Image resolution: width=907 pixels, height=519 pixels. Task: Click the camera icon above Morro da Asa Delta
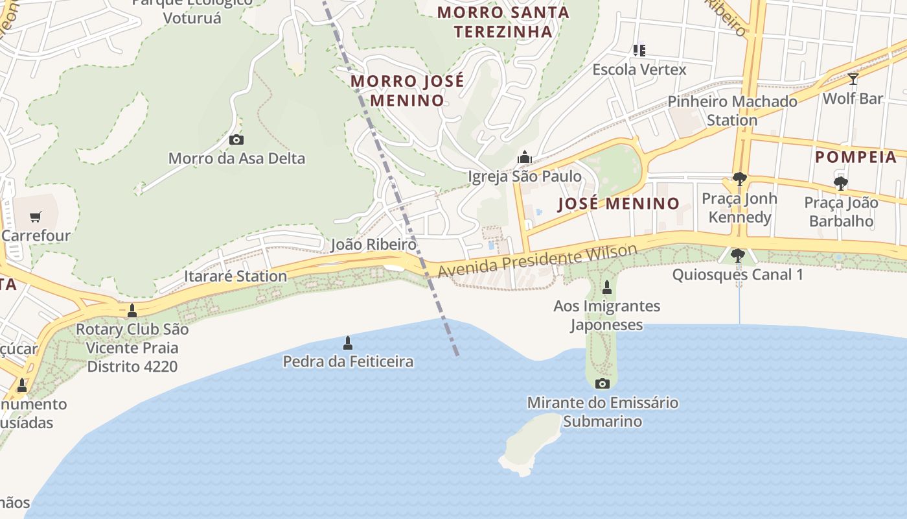(x=236, y=139)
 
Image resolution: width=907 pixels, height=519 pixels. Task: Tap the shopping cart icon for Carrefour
(x=36, y=217)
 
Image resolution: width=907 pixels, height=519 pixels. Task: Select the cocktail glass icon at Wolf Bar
(x=853, y=79)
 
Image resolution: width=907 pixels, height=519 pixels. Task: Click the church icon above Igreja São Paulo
(x=524, y=157)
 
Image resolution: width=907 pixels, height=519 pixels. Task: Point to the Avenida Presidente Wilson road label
(x=538, y=261)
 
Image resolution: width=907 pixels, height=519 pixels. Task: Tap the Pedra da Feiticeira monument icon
(x=348, y=343)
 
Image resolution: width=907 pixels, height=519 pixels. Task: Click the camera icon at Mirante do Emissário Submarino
(x=603, y=383)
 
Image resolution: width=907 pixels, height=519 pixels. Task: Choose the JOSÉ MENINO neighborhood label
(x=619, y=204)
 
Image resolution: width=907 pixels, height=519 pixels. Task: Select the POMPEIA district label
(x=856, y=157)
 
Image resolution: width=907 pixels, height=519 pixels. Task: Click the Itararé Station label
(x=235, y=276)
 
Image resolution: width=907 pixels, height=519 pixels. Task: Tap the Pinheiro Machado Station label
(x=732, y=111)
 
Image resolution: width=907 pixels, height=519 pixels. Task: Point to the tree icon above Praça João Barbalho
(x=841, y=184)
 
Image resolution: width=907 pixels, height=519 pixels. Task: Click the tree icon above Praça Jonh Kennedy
(x=739, y=179)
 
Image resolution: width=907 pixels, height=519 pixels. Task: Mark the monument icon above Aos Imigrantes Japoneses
(x=607, y=287)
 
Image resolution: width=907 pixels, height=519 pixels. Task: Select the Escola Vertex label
(x=639, y=69)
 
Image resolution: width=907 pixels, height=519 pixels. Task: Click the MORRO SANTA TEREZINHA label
(x=503, y=21)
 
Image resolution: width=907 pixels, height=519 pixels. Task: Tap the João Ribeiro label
(x=373, y=245)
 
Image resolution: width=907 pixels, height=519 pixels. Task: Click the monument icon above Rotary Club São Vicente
(x=132, y=311)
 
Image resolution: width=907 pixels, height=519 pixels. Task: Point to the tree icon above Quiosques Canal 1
(x=737, y=256)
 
